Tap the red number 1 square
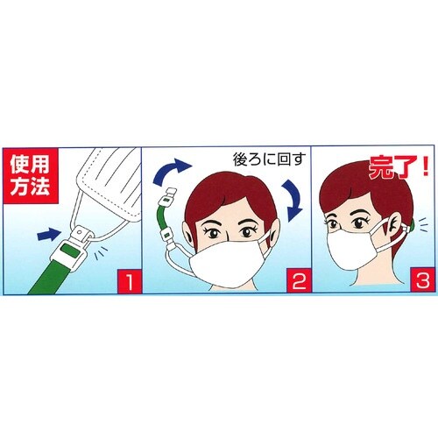(128, 282)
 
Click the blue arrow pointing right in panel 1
(48, 233)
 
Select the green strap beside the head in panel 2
(163, 218)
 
